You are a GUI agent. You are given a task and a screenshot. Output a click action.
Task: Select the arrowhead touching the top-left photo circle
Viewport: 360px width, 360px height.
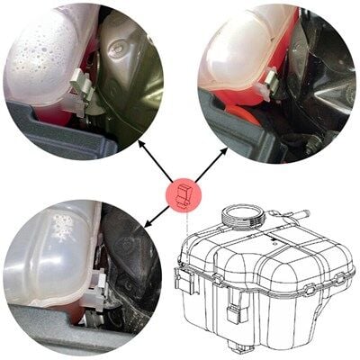[141, 145]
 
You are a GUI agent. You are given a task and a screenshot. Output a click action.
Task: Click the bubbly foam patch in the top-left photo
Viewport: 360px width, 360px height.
[40, 49]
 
